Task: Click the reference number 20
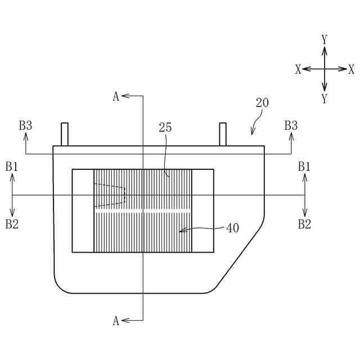(x=262, y=103)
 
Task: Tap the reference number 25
(x=165, y=128)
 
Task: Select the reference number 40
(x=232, y=228)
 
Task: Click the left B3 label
(x=25, y=125)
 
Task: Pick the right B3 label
(x=291, y=125)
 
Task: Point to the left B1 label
(x=12, y=166)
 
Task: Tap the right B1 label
(x=304, y=166)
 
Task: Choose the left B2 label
(x=12, y=224)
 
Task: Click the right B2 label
(x=304, y=224)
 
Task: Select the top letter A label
(x=116, y=96)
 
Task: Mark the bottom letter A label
(x=116, y=321)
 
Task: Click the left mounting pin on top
(x=65, y=134)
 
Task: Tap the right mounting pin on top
(x=223, y=134)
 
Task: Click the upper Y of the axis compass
(x=325, y=39)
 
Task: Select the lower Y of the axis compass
(x=325, y=99)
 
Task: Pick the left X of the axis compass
(x=298, y=69)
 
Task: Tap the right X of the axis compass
(x=352, y=69)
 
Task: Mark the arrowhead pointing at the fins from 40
(x=181, y=230)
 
